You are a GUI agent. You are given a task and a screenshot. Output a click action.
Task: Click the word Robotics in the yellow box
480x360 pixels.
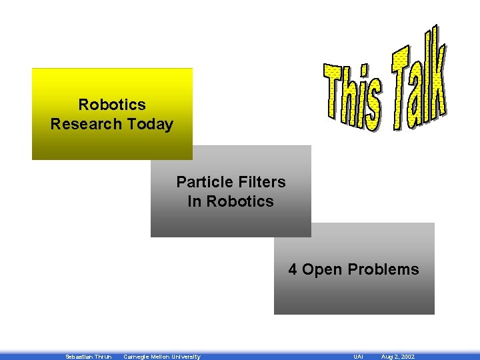(112, 105)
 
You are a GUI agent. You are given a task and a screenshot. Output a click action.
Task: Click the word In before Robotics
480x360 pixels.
(195, 201)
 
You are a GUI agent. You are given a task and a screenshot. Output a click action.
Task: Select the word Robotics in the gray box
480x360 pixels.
(240, 201)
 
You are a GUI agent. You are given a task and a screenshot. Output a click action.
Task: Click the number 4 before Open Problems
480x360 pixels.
(293, 269)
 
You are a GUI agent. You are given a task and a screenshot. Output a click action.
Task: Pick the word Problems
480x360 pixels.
(383, 269)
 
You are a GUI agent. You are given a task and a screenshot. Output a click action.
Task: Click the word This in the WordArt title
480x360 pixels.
(353, 95)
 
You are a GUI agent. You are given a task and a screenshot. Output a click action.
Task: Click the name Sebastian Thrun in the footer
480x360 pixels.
(88, 357)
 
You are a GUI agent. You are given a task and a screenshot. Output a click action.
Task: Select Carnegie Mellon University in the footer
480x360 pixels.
(162, 357)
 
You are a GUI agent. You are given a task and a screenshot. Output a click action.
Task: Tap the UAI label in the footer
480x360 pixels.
(358, 357)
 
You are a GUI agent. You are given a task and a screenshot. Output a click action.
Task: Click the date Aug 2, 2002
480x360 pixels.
(398, 357)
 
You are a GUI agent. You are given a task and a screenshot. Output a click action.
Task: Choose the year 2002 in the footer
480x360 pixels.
(407, 357)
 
